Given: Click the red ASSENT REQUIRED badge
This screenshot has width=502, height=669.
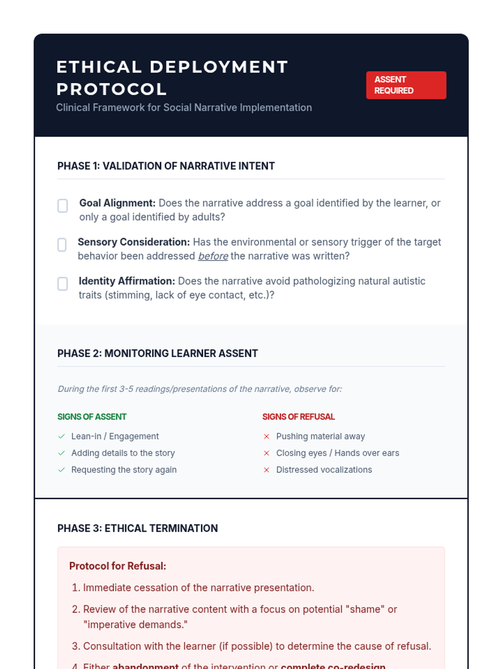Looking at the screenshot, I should tap(406, 85).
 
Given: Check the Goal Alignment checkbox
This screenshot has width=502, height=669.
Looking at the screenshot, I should tap(63, 206).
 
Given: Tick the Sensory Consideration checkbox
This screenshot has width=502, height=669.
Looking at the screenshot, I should tap(62, 245).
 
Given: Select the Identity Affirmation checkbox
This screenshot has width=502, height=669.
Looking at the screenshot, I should tap(63, 284).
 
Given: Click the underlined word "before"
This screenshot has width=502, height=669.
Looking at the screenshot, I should tap(213, 256).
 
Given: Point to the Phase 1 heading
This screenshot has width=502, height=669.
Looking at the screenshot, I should tap(166, 166).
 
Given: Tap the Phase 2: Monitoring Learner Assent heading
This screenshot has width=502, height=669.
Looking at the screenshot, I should tap(157, 353).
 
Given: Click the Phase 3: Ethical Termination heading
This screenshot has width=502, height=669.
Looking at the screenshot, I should tap(137, 529).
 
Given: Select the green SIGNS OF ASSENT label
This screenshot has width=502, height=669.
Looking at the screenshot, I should tap(92, 417).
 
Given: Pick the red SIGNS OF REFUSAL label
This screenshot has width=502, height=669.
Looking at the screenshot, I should tap(298, 417).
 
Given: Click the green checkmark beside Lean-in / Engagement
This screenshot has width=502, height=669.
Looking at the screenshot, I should tap(61, 437).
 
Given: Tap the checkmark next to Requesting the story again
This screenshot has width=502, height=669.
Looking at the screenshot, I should tap(61, 470).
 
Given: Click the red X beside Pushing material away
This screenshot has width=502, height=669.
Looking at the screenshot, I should tap(266, 437).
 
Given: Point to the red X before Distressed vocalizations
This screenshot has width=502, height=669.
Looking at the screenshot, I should tap(266, 470).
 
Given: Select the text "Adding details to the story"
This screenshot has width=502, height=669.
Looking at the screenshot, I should tap(123, 453).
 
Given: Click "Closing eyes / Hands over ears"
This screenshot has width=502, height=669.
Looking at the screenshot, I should tap(338, 453).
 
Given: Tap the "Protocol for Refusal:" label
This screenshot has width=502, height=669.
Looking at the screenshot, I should tap(118, 566).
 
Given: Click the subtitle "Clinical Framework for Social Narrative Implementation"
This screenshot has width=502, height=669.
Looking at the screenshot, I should tap(184, 108).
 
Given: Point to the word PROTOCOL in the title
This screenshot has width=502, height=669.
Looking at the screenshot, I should tap(111, 89).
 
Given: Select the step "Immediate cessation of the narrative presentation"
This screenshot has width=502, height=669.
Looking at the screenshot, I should tap(198, 588).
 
